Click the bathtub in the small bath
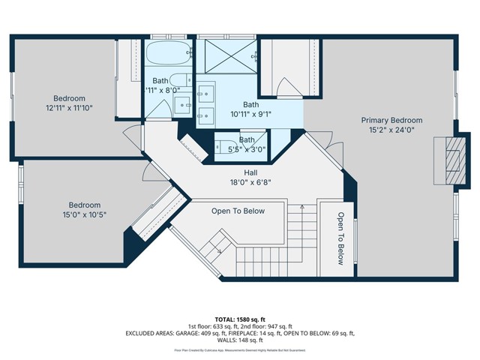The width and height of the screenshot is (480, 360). (169, 55)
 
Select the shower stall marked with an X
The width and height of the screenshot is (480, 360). (229, 57)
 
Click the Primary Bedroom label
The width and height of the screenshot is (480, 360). (391, 120)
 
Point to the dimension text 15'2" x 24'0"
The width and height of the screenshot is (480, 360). (391, 130)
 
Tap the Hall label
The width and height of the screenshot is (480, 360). (241, 172)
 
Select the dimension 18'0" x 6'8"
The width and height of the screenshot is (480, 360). (241, 181)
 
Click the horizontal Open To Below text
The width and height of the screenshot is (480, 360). (238, 211)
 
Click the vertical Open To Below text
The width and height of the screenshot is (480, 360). (340, 238)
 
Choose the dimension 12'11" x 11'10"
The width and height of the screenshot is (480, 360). (69, 108)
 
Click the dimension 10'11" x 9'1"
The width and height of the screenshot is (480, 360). (251, 115)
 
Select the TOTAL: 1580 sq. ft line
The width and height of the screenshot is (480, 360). (240, 318)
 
